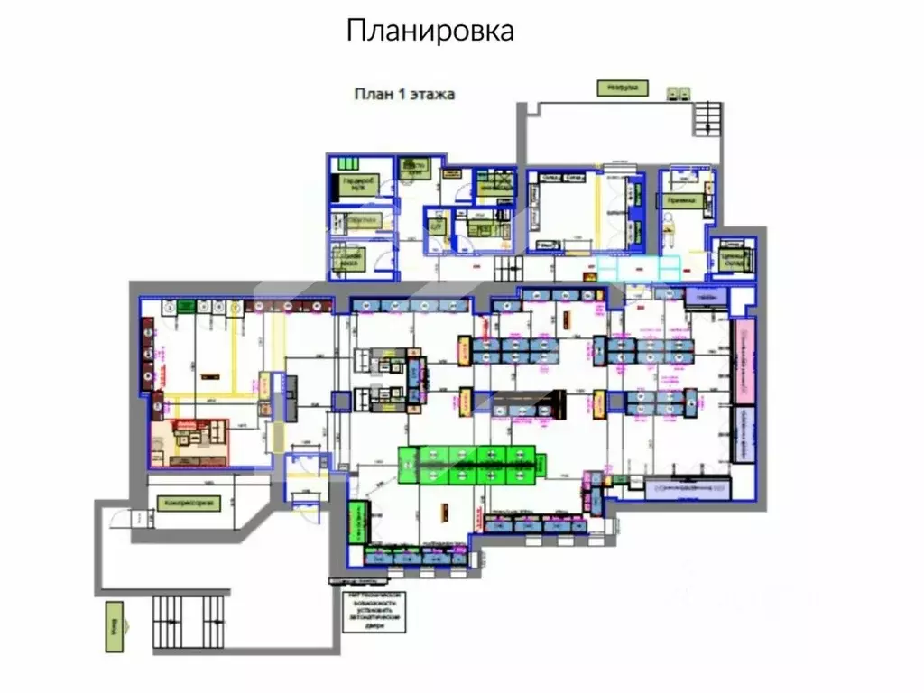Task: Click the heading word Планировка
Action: coord(430,31)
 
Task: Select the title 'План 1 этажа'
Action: coord(403,93)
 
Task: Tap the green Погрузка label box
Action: coord(622,88)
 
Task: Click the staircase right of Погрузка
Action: coord(707,118)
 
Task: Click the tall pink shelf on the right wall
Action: coord(744,361)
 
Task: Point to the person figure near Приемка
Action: coord(670,234)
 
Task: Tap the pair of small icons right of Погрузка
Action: coord(679,91)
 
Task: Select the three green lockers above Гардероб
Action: coord(346,163)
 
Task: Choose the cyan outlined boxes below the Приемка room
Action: coord(639,268)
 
